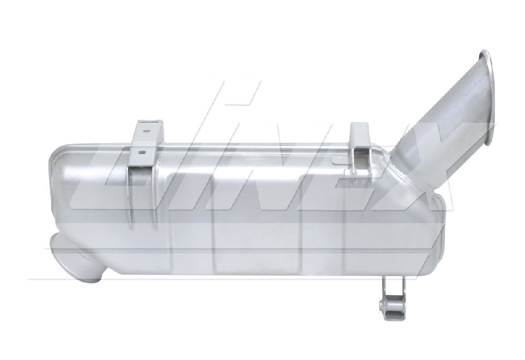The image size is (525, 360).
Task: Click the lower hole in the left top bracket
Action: coord(142,152)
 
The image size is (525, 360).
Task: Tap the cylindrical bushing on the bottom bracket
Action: coord(384,304)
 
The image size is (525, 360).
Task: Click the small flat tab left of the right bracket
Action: coord(340,160)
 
